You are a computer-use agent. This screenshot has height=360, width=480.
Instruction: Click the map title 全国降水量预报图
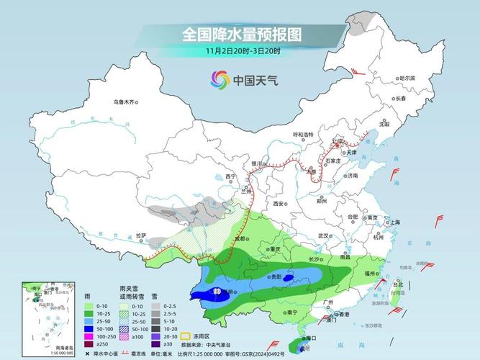coord(241,34)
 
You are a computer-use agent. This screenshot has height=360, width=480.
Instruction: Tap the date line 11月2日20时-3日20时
coord(241,51)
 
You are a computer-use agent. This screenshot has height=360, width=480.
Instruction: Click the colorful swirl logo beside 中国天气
coord(219,80)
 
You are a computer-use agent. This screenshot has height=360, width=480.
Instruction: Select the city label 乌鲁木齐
coord(124,102)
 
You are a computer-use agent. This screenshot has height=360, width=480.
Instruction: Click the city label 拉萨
coord(140,235)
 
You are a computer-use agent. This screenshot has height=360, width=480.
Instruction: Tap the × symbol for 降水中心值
coord(88,354)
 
